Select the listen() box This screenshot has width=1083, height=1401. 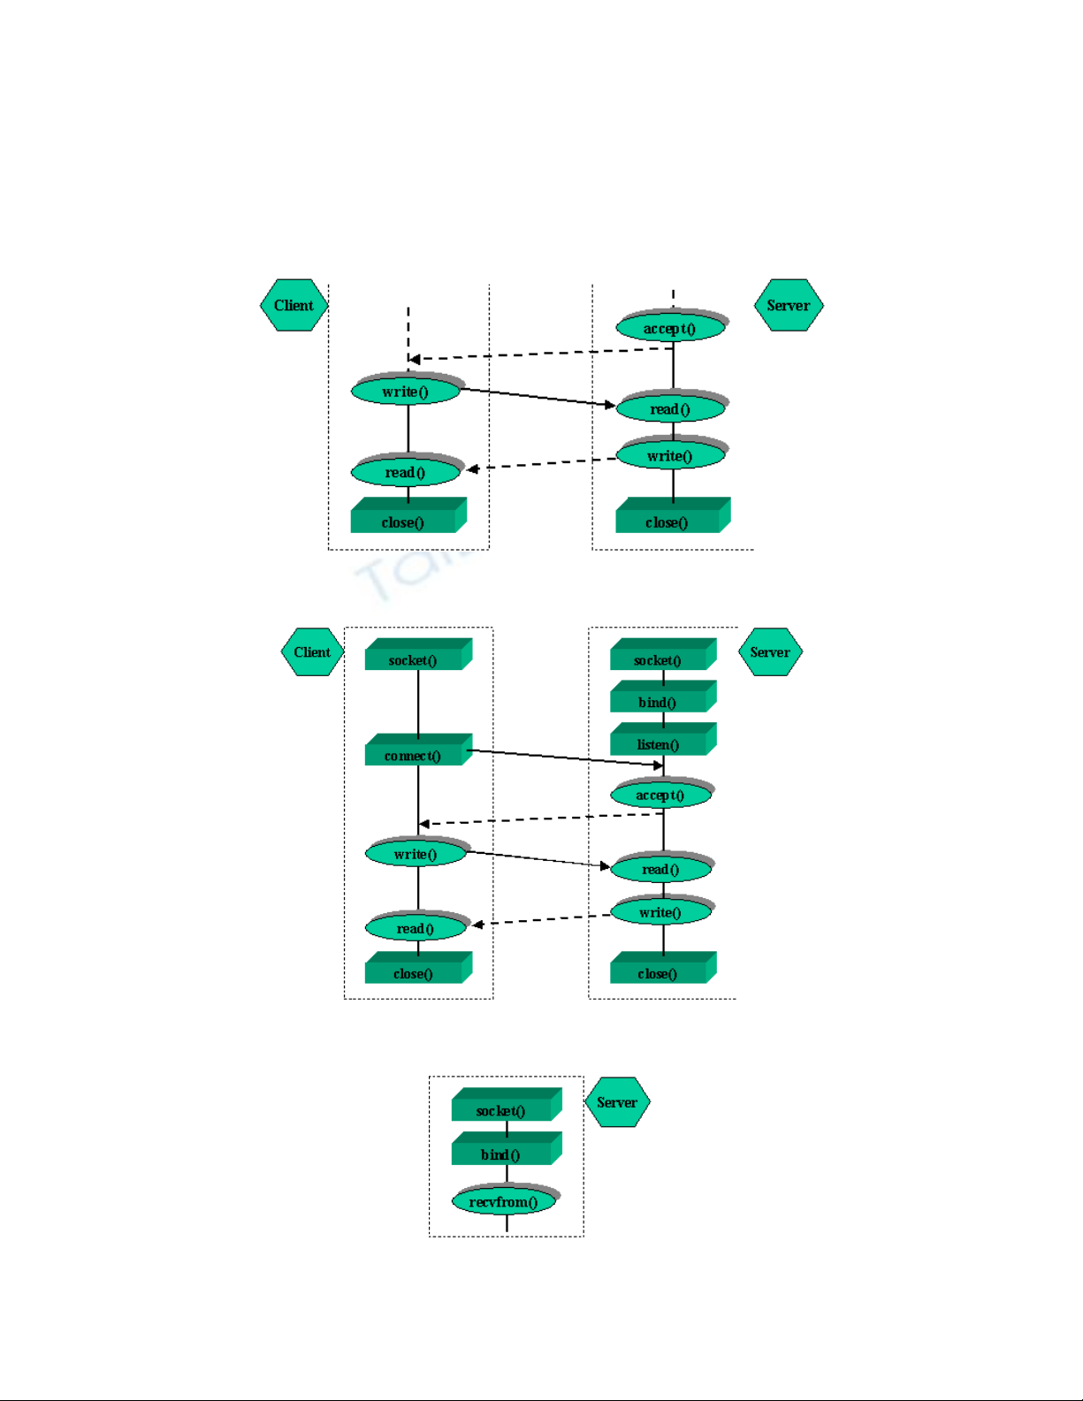(x=659, y=743)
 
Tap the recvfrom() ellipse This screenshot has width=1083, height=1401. (x=503, y=1201)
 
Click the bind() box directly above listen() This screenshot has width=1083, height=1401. (x=659, y=701)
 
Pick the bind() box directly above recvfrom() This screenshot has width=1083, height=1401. (x=502, y=1154)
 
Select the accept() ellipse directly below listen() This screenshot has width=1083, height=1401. (x=660, y=795)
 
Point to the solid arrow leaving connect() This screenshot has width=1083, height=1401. (x=566, y=758)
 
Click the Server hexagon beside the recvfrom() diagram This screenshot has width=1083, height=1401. (x=617, y=1102)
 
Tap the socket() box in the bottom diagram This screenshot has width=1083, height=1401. (x=502, y=1109)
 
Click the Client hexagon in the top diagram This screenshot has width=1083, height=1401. (x=294, y=306)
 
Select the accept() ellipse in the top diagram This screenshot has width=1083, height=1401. (x=670, y=328)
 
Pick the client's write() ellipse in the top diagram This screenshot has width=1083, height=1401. (x=406, y=391)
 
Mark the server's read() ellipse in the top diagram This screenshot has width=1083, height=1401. (x=670, y=408)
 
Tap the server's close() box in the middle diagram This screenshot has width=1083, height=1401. (x=659, y=972)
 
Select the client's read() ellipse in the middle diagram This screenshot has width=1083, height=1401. (x=416, y=928)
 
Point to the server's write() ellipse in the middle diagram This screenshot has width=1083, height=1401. (x=660, y=912)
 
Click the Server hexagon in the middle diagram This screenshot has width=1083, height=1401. (x=770, y=652)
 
